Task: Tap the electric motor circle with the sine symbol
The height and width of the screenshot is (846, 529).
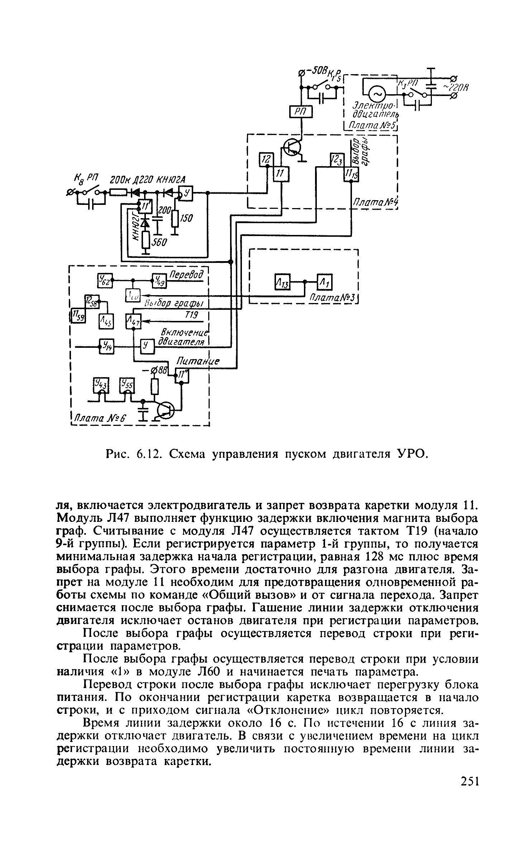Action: coord(377,94)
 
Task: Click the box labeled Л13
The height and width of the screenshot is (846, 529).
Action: coord(283,282)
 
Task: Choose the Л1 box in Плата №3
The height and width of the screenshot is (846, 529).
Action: coord(325,282)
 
